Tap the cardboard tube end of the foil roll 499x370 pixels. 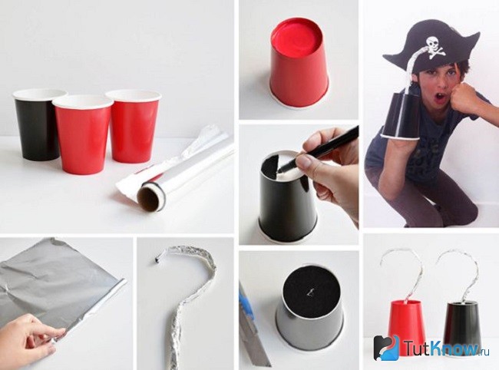pyautogui.click(x=150, y=199)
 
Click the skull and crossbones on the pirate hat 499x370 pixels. pyautogui.click(x=433, y=48)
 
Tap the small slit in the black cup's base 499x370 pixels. pyautogui.click(x=309, y=290)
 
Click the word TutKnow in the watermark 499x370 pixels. pyautogui.click(x=443, y=348)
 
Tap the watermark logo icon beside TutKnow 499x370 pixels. pyautogui.click(x=386, y=348)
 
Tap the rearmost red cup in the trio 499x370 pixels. pyautogui.click(x=134, y=127)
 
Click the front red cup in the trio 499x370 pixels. pyautogui.click(x=84, y=135)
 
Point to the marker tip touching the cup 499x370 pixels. pyautogui.click(x=279, y=171)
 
